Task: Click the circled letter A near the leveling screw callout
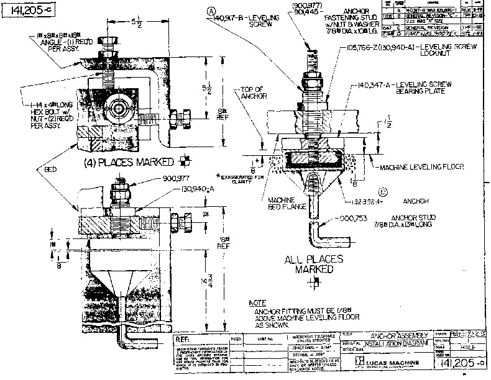coord(211,11)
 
